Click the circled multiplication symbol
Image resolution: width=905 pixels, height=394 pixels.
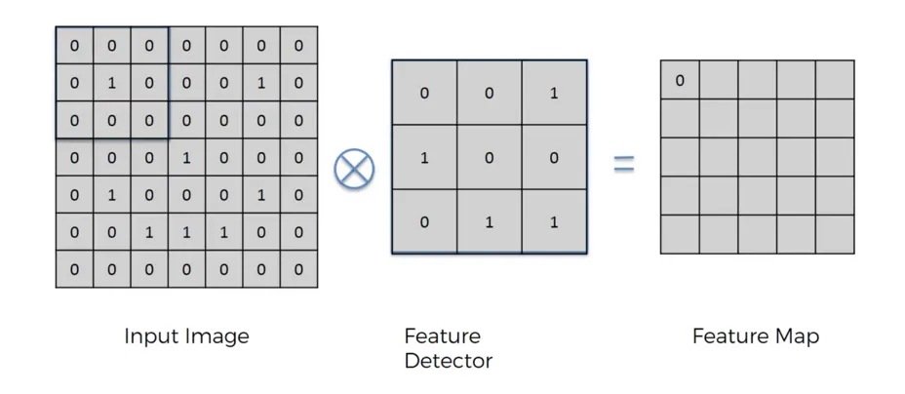[354, 168]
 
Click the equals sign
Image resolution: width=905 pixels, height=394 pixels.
[623, 164]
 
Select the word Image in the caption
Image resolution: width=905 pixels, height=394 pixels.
[217, 336]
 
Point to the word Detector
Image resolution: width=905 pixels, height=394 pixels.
[448, 361]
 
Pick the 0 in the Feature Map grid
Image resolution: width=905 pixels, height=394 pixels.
[680, 80]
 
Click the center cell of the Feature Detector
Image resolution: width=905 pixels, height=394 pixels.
[490, 157]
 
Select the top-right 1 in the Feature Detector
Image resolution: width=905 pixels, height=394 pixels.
[554, 94]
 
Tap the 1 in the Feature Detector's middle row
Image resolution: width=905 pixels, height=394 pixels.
[424, 157]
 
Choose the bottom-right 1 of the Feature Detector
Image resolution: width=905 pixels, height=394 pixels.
[554, 221]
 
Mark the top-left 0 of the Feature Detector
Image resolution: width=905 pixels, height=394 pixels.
[424, 94]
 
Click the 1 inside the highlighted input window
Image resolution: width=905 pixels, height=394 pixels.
[111, 83]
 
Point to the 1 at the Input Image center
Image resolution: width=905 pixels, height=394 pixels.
[186, 157]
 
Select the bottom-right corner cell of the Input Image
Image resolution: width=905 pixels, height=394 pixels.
[298, 269]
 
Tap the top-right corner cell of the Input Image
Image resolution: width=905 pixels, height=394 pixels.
[298, 45]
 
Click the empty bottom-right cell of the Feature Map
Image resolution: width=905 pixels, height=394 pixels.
[835, 234]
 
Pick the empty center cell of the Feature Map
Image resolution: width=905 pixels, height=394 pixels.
[758, 157]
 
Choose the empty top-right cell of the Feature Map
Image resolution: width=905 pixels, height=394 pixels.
[835, 80]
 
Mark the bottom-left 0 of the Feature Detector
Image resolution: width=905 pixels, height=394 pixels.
[424, 221]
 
